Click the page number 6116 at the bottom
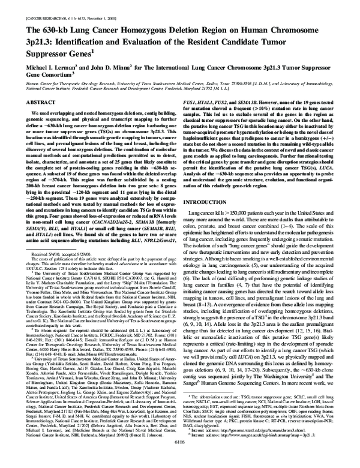[x=179, y=461]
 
